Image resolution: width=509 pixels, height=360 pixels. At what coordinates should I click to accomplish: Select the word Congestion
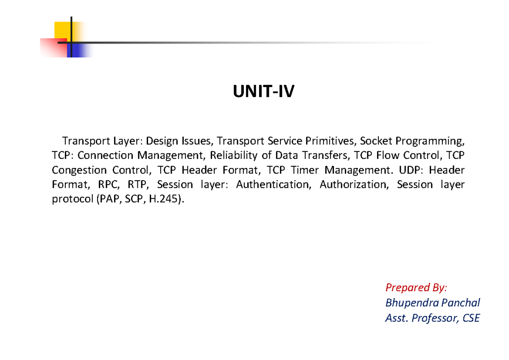[x=79, y=170]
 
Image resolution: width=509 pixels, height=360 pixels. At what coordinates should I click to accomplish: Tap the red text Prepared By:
[x=416, y=288]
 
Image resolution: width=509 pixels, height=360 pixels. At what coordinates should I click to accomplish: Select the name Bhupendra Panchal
[x=432, y=303]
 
